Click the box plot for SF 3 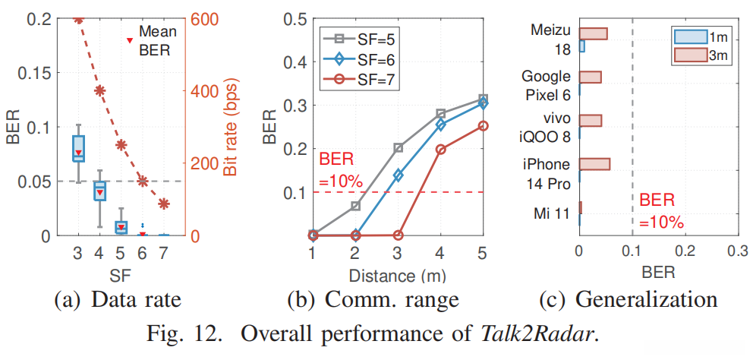(78, 148)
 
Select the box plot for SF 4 (99, 191)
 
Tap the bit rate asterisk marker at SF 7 (163, 203)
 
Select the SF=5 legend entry (358, 37)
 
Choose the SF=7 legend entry (358, 78)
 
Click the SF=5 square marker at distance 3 (399, 148)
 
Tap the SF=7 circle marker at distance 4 (441, 150)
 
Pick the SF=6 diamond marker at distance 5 (483, 104)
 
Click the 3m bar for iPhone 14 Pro (594, 164)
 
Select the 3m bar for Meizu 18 (594, 33)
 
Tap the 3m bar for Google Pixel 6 (590, 77)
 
